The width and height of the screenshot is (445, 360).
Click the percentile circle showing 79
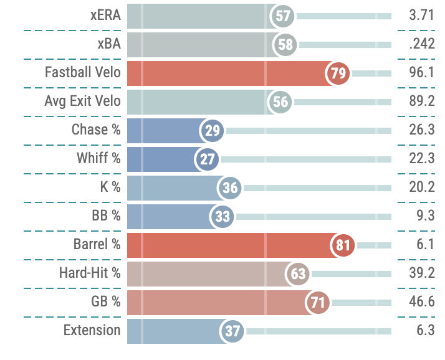click(338, 73)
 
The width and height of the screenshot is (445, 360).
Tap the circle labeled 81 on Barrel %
click(343, 245)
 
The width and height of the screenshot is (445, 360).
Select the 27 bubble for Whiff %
click(208, 159)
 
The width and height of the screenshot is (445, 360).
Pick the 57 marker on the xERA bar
click(283, 16)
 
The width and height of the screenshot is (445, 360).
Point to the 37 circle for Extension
click(232, 331)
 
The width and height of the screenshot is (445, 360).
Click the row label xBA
click(109, 44)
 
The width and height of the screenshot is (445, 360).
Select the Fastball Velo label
click(82, 72)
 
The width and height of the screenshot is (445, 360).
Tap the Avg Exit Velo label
click(82, 101)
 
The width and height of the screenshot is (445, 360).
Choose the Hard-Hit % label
click(90, 273)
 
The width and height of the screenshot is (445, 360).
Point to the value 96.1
click(422, 73)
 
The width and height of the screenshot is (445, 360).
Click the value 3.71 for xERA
click(422, 16)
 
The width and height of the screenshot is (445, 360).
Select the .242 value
click(422, 45)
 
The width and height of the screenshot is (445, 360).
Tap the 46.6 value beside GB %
click(422, 303)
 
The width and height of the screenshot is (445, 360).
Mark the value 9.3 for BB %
click(426, 217)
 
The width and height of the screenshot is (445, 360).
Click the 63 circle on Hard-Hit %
click(299, 274)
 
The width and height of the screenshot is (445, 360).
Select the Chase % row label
click(96, 130)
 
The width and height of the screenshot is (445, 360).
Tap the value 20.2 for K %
click(422, 188)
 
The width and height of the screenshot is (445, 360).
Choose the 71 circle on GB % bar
click(318, 303)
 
